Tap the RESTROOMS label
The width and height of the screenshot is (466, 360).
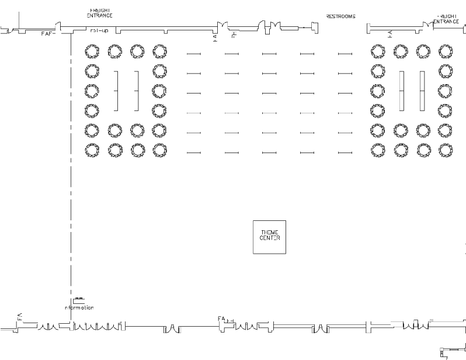pyautogui.click(x=340, y=16)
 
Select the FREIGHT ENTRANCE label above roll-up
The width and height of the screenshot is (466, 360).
pyautogui.click(x=100, y=13)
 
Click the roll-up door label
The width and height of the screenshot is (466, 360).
pyautogui.click(x=99, y=30)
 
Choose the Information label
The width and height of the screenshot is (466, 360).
pyautogui.click(x=79, y=307)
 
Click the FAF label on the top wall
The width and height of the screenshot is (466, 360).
pyautogui.click(x=47, y=34)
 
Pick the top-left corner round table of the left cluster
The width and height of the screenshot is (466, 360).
pyautogui.click(x=92, y=52)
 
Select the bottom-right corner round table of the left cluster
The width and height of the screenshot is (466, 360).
pyautogui.click(x=159, y=149)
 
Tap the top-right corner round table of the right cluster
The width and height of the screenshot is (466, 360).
pyautogui.click(x=445, y=52)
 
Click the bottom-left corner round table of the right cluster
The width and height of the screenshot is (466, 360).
pyautogui.click(x=378, y=149)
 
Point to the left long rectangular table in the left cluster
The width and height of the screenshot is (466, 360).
pyautogui.click(x=116, y=91)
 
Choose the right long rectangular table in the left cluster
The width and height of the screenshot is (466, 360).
pyautogui.click(x=137, y=91)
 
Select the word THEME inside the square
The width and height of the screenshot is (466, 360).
pyautogui.click(x=270, y=233)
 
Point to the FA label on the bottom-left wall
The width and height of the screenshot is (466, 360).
pyautogui.click(x=19, y=316)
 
